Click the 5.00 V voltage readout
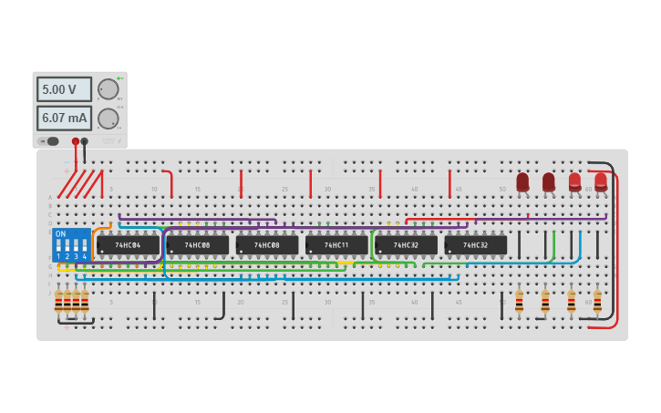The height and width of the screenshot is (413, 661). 64,89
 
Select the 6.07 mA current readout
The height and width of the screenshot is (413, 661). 64,119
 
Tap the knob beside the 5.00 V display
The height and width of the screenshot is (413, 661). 108,89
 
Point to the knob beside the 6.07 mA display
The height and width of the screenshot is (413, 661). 108,119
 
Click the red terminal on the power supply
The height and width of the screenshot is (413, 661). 76,141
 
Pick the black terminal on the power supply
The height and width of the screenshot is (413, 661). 85,141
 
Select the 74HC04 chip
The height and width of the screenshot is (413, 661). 128,245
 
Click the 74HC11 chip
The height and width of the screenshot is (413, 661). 336,245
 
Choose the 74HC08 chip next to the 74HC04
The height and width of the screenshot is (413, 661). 197,245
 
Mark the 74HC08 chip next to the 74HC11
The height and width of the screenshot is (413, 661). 267,245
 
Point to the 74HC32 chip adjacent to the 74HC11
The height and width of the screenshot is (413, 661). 406,245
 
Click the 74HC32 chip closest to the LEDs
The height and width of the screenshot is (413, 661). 475,245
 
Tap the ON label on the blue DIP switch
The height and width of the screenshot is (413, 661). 60,234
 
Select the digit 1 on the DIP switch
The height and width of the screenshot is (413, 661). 58,257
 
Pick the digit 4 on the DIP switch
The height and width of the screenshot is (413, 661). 85,257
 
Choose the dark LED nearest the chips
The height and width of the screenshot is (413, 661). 522,182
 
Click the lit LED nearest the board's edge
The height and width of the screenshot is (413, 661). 601,181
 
